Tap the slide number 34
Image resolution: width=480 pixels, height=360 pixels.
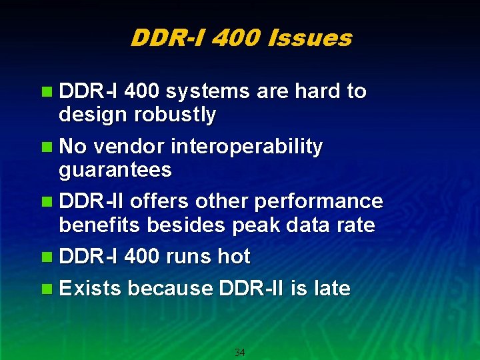(x=240, y=352)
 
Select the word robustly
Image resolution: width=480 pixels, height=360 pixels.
(x=175, y=115)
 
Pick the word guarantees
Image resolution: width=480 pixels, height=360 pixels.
(x=115, y=171)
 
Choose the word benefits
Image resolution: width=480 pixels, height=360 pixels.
(x=99, y=225)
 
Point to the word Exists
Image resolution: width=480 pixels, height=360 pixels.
(x=90, y=288)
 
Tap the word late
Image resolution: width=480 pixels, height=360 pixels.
(x=331, y=288)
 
